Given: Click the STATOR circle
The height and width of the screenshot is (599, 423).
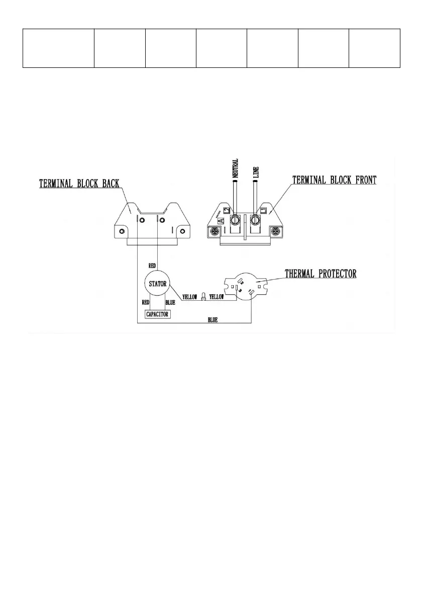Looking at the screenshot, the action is pyautogui.click(x=157, y=284).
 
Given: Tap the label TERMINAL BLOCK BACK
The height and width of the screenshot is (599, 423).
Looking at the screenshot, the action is pyautogui.click(x=79, y=184).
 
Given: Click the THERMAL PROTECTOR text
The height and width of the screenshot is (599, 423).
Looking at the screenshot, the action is pyautogui.click(x=321, y=274).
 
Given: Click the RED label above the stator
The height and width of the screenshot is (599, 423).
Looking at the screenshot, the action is pyautogui.click(x=151, y=265).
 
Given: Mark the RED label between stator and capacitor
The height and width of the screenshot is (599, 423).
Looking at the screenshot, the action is pyautogui.click(x=146, y=303).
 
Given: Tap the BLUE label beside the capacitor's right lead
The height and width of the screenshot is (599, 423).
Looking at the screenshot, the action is pyautogui.click(x=170, y=303).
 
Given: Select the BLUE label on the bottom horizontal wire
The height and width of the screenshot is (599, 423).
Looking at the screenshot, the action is pyautogui.click(x=213, y=320).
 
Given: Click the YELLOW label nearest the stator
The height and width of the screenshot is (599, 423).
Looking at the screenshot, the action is pyautogui.click(x=189, y=297).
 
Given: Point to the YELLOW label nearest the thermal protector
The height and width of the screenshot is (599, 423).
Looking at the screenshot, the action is pyautogui.click(x=217, y=297).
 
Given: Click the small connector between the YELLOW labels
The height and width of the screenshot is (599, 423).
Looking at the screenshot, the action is pyautogui.click(x=203, y=297).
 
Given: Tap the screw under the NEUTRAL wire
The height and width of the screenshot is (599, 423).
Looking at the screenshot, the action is pyautogui.click(x=234, y=220).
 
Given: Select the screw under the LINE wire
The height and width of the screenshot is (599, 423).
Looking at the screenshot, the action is pyautogui.click(x=255, y=220).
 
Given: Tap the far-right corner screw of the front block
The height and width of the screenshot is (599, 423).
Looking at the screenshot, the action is pyautogui.click(x=275, y=231).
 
